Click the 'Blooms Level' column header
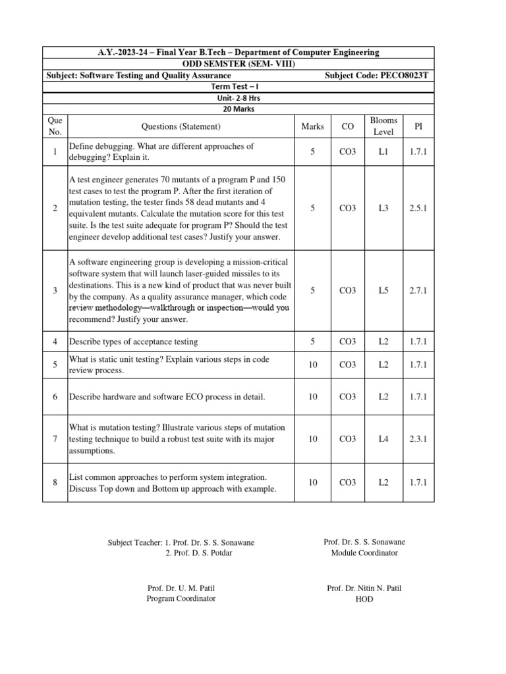click(x=383, y=126)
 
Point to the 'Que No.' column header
click(x=55, y=126)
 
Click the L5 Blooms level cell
click(x=383, y=290)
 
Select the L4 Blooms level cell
click(x=383, y=438)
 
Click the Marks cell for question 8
click(x=313, y=482)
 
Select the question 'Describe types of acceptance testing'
click(x=133, y=342)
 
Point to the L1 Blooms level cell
click(x=383, y=152)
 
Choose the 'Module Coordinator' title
click(x=364, y=553)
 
